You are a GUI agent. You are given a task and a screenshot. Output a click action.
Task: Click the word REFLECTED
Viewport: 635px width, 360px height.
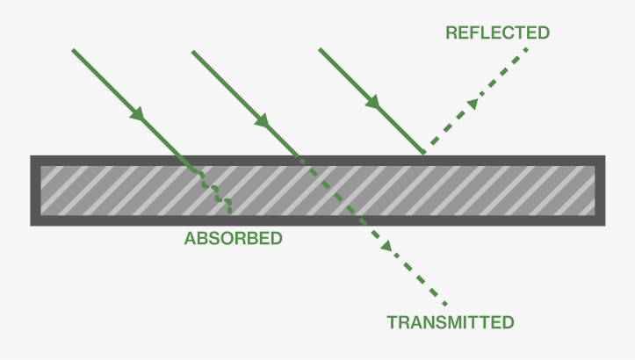[x=497, y=33]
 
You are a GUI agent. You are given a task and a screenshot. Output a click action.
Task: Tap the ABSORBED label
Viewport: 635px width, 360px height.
[x=233, y=238]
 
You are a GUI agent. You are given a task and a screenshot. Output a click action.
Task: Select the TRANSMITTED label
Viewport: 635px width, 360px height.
[x=451, y=322]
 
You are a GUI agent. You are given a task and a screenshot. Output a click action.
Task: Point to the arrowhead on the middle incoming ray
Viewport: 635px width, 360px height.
[x=261, y=117]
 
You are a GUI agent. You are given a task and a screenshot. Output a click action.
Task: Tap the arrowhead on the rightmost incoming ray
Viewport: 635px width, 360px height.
[x=373, y=103]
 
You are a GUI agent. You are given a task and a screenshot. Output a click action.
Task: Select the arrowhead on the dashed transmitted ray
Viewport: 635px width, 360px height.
[x=386, y=247]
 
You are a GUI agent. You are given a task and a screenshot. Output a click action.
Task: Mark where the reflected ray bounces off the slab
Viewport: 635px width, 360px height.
[x=425, y=155]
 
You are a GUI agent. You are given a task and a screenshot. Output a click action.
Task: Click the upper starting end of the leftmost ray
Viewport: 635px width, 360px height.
[x=73, y=50]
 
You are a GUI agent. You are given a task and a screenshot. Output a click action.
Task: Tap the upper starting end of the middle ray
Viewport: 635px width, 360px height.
[x=193, y=51]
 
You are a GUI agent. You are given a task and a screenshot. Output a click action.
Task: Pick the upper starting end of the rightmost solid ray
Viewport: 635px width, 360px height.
[x=319, y=49]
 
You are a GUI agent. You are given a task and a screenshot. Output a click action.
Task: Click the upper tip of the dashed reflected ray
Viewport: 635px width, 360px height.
[x=529, y=49]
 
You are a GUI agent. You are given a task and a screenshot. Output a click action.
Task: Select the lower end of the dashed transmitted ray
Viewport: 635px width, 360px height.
[x=446, y=305]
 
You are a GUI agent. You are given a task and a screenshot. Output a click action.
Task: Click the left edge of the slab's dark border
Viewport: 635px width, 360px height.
[x=35, y=191]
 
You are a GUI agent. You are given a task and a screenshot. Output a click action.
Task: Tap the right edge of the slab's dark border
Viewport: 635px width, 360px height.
[x=601, y=191]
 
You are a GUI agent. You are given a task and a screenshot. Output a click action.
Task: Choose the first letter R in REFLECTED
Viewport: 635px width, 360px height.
[x=451, y=33]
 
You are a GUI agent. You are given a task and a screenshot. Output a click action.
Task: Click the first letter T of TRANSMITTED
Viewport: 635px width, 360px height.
[x=392, y=322]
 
